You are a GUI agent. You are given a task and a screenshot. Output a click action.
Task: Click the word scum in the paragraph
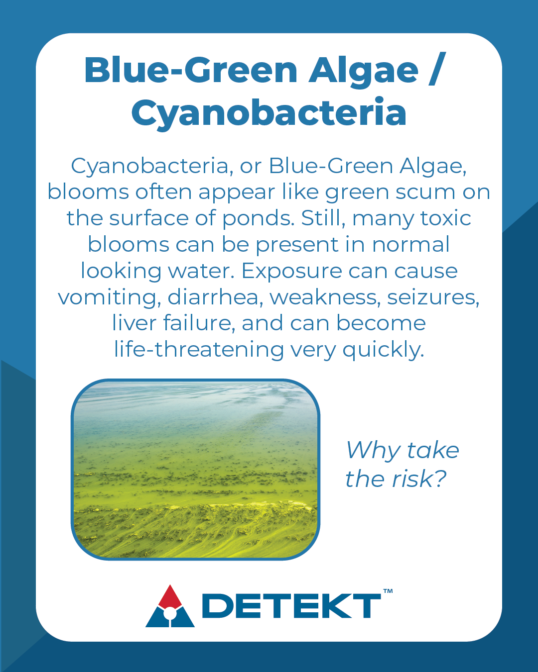(425, 192)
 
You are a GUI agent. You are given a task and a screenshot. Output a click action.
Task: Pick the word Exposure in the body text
(291, 271)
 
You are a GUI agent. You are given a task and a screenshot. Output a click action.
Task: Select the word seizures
(433, 297)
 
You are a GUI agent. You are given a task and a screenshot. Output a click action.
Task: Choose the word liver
(134, 323)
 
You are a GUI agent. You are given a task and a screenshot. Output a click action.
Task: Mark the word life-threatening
(199, 350)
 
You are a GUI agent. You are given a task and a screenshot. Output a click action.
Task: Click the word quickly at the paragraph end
(384, 350)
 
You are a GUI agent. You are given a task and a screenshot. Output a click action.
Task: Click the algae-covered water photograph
(195, 470)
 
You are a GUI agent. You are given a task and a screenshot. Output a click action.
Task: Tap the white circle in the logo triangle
(170, 613)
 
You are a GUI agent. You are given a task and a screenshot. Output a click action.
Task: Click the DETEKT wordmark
(291, 606)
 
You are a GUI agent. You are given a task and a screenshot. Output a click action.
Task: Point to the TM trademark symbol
(388, 591)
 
